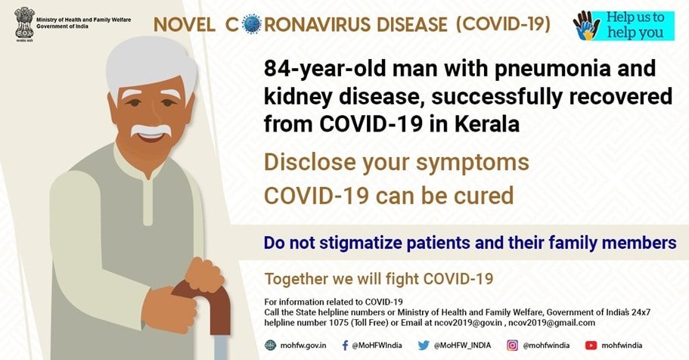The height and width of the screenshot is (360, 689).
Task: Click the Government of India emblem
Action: tap(23, 23)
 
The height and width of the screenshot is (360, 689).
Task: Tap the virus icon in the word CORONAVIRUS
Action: tap(252, 24)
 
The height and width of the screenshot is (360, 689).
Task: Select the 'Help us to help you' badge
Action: tap(623, 26)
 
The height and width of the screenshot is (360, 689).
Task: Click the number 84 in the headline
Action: tap(275, 69)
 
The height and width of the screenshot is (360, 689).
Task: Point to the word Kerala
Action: tap(486, 123)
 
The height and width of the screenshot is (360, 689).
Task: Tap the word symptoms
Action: tap(473, 163)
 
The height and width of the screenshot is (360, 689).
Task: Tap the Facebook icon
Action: tap(346, 345)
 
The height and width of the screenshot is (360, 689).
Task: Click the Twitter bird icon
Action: tap(424, 346)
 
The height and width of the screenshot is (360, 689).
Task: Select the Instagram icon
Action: tap(512, 346)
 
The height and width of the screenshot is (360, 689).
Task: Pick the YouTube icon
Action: tap(591, 346)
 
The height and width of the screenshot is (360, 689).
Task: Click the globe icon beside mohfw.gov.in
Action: tap(270, 345)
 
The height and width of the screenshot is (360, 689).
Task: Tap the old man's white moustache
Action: tap(151, 129)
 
